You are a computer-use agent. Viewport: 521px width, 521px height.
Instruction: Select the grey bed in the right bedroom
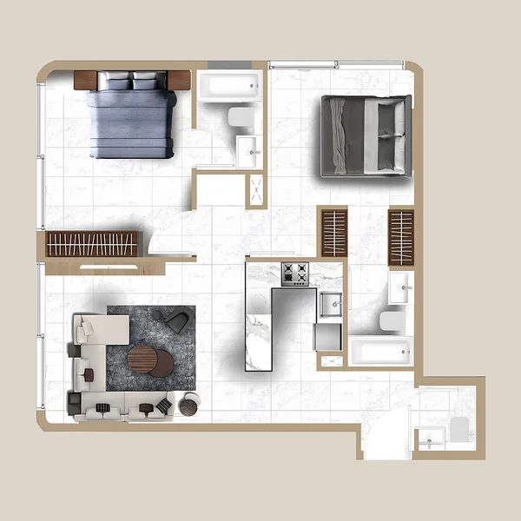[x=366, y=136]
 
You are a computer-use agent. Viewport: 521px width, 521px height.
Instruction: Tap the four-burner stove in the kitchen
[x=294, y=274]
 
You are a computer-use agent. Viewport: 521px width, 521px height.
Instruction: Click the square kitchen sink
[x=331, y=305]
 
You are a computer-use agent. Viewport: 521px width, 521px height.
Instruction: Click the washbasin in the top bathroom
[x=247, y=152]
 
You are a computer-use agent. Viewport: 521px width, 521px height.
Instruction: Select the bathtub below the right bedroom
[x=379, y=352]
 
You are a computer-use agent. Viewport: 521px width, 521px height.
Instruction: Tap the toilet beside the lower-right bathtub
[x=392, y=322]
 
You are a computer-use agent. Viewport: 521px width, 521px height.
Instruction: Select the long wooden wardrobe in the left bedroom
[x=92, y=244]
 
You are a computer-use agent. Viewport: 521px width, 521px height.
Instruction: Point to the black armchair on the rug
[x=177, y=323]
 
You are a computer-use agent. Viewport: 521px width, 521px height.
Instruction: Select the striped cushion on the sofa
[x=102, y=409]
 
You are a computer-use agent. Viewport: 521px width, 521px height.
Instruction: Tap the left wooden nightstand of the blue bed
[x=85, y=80]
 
